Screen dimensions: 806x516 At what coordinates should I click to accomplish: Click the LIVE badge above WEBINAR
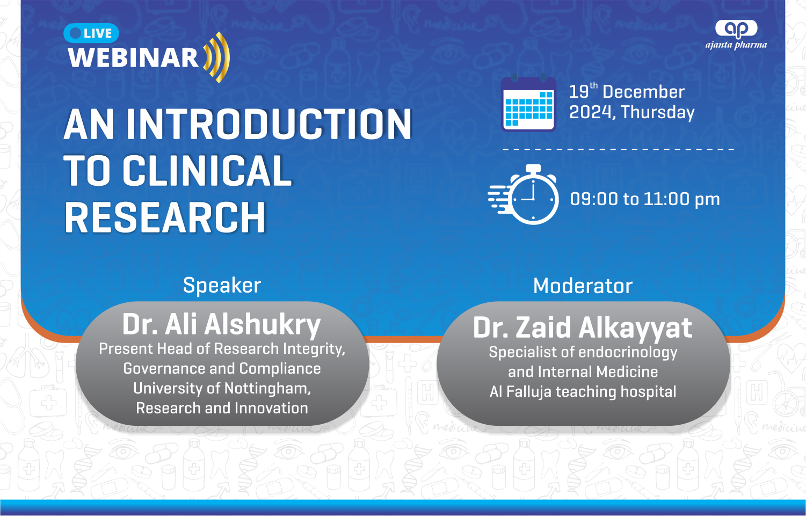91,33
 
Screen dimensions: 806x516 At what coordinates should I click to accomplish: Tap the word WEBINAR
133,57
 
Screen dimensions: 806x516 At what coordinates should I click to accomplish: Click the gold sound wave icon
216,57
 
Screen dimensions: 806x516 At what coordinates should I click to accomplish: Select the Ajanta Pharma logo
736,34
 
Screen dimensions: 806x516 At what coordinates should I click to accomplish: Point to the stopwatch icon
524,195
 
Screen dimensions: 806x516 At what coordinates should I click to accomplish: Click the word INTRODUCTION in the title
269,124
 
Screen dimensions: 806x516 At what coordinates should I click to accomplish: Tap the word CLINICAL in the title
207,171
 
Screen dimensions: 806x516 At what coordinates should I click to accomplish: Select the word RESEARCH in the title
165,217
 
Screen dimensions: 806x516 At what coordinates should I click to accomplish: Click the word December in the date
643,92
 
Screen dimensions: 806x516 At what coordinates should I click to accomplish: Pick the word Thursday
658,112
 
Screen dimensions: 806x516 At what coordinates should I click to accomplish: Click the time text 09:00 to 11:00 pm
645,199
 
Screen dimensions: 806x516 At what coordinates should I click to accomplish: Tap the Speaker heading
222,285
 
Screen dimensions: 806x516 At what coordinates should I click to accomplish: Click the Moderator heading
583,286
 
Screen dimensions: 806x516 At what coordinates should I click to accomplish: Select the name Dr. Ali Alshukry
222,325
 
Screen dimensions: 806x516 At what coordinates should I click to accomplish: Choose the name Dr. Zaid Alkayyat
583,328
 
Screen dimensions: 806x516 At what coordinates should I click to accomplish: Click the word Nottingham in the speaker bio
267,389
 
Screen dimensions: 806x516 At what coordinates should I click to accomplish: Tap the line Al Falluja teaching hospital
583,391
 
